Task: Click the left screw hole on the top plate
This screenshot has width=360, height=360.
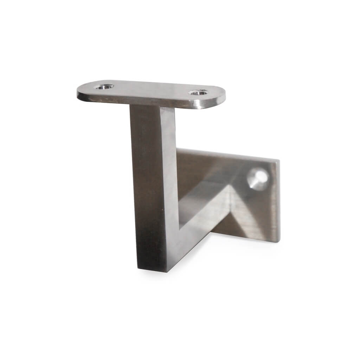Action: click(105, 86)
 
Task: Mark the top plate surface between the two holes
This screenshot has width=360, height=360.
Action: click(151, 89)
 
